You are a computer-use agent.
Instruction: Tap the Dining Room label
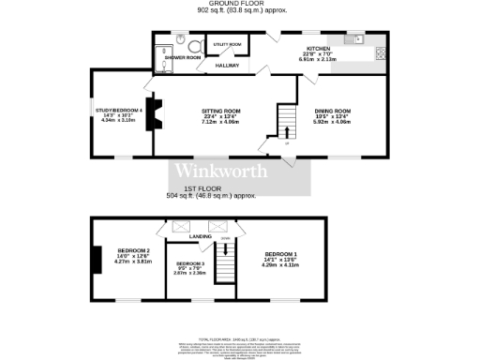332,110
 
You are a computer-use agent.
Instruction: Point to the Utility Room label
228,44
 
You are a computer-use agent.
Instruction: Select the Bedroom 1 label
280,255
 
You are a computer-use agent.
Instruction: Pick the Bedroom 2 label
134,251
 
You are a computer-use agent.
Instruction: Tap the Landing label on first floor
200,236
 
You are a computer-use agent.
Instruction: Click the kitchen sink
359,39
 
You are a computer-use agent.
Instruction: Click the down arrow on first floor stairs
224,240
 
